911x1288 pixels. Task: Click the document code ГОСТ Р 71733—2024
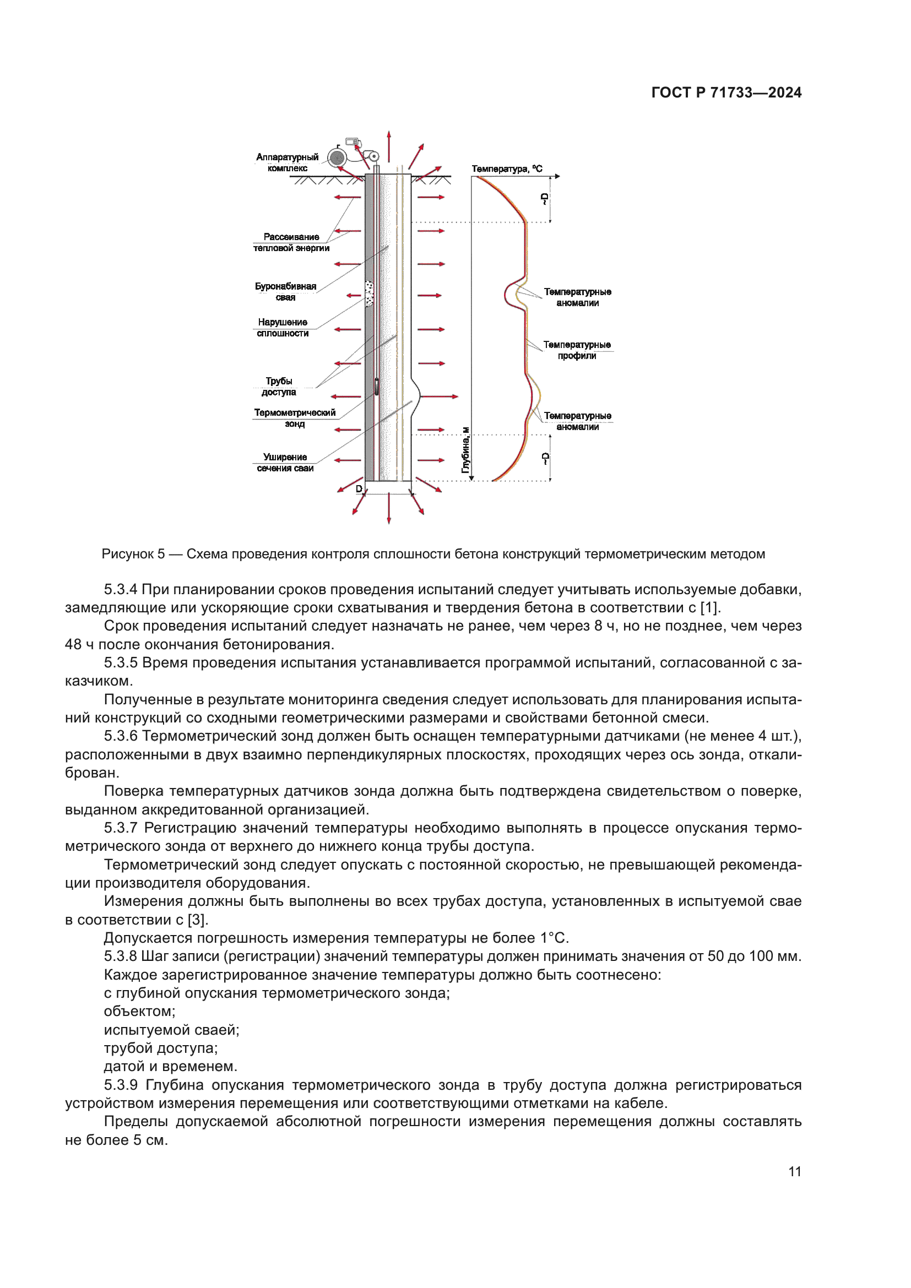(x=726, y=93)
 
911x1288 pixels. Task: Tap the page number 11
(x=795, y=1171)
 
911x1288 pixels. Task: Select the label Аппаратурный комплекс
(x=287, y=162)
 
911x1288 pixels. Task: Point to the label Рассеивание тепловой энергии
(x=291, y=242)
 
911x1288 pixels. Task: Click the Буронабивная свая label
(x=285, y=292)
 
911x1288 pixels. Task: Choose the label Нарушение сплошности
(x=283, y=328)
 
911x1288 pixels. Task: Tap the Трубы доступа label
(x=279, y=387)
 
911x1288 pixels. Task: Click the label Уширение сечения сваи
(x=285, y=463)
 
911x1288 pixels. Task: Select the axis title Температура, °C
(x=507, y=169)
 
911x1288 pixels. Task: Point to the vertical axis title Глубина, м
(x=465, y=450)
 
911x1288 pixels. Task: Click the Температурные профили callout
(x=577, y=350)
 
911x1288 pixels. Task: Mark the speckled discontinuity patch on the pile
(x=369, y=294)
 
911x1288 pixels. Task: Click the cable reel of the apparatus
(x=338, y=157)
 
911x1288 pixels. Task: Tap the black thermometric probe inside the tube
(x=376, y=387)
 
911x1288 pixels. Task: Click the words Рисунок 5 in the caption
(x=133, y=555)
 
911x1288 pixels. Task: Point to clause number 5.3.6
(x=121, y=736)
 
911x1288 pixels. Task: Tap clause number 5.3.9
(x=121, y=1085)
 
